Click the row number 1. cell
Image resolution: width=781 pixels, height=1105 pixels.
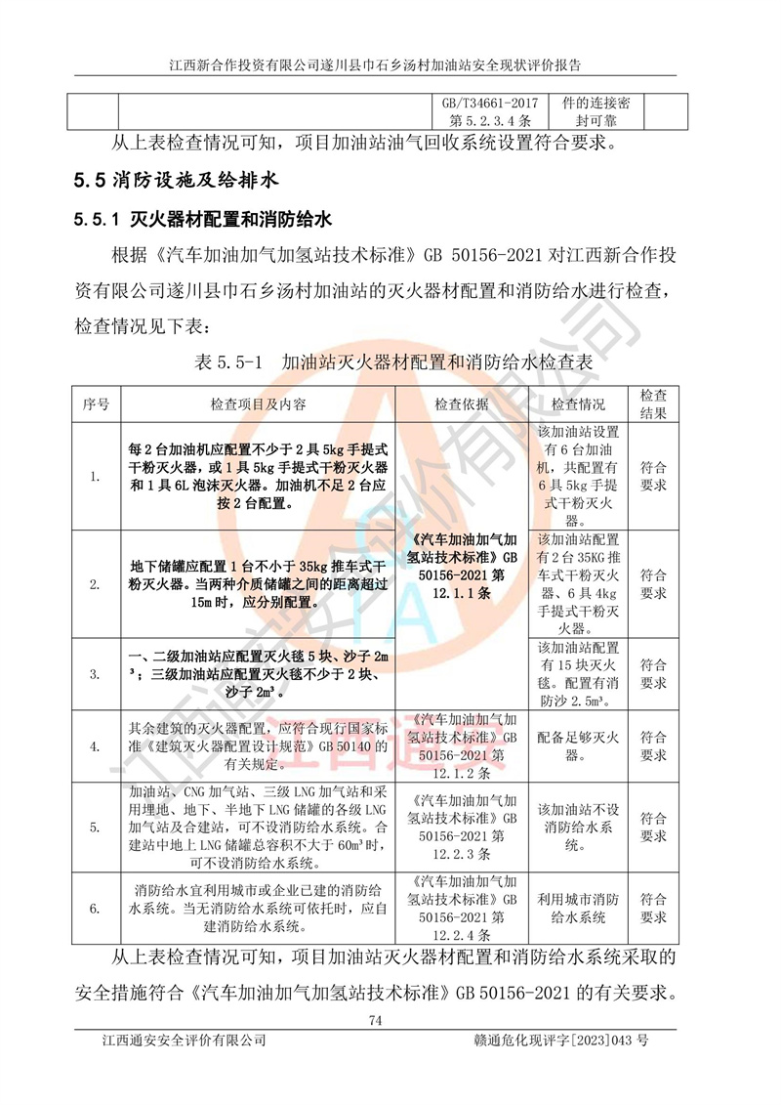[x=95, y=476]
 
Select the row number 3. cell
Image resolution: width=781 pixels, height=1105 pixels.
[x=95, y=674]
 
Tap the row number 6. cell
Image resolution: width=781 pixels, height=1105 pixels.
[x=95, y=909]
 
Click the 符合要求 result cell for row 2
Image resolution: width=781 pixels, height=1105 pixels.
[x=653, y=584]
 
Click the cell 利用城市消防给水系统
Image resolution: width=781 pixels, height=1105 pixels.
[x=579, y=909]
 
